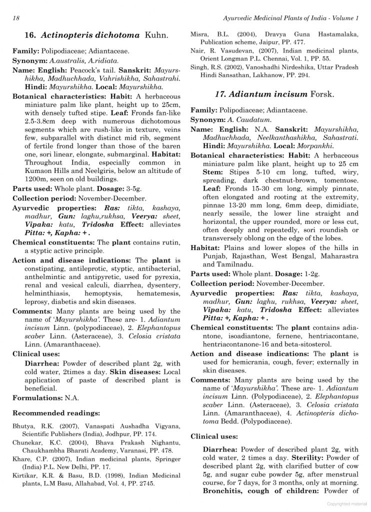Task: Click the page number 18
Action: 16,18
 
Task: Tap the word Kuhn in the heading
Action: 156,35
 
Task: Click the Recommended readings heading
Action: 56,413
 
